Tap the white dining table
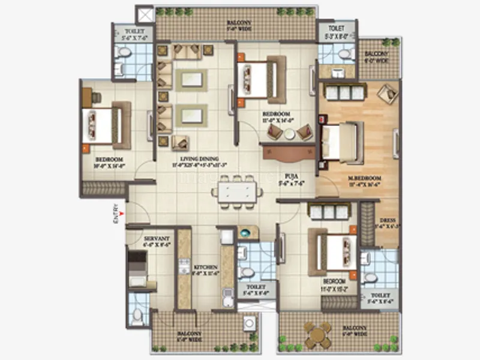click(236, 192)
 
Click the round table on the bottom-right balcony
click(316, 334)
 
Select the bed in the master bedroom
click(341, 142)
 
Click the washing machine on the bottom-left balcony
click(249, 325)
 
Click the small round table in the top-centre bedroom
click(290, 134)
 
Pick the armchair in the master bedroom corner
click(387, 94)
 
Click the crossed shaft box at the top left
click(145, 14)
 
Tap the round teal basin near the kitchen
click(245, 232)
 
